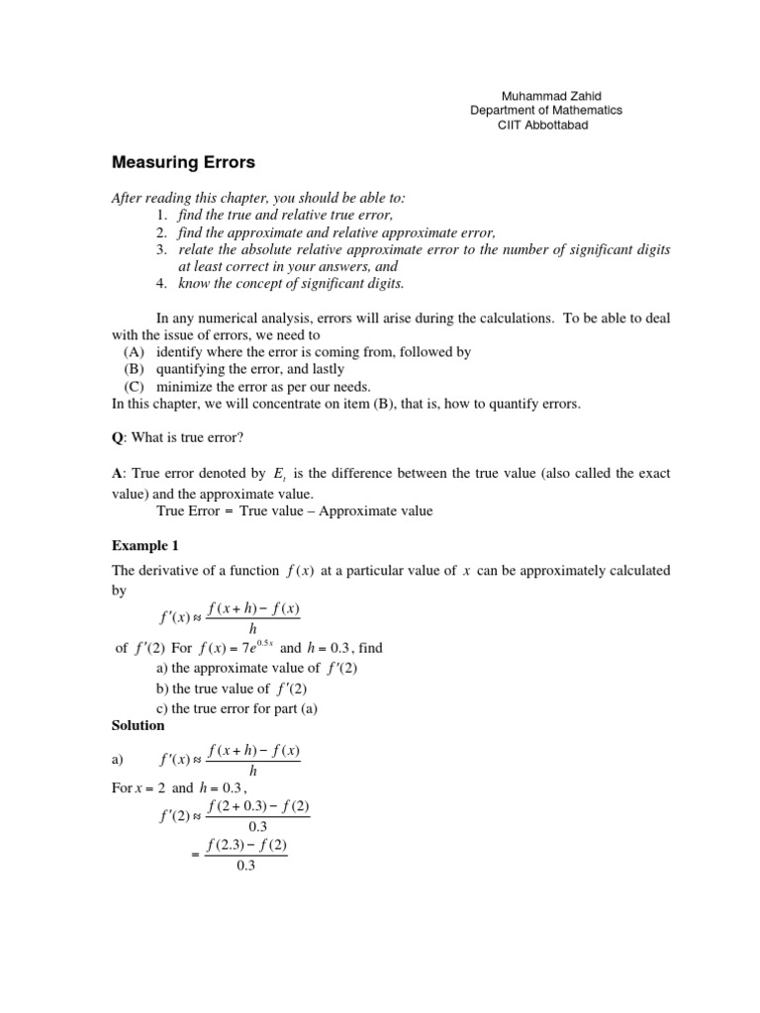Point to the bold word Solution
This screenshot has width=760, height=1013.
pos(138,725)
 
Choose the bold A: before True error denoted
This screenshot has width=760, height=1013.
pos(116,475)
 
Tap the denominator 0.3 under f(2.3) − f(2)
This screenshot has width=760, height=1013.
pos(245,866)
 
